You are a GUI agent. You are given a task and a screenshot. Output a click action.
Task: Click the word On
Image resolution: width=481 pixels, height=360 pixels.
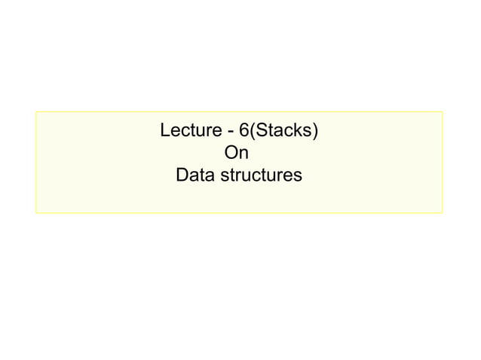tap(237, 154)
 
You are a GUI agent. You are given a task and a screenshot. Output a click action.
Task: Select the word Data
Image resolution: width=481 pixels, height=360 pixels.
tap(193, 176)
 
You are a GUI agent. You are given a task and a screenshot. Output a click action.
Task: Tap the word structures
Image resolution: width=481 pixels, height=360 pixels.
tap(260, 176)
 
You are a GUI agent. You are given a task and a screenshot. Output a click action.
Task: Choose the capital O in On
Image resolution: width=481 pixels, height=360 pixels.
tap(232, 154)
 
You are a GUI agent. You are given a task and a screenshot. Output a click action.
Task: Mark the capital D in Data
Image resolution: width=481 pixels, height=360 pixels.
tap(181, 176)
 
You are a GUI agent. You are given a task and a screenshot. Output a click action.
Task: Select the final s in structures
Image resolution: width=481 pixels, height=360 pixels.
tap(298, 178)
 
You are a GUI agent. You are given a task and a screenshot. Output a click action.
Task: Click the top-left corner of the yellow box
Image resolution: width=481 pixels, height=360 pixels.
tap(35, 112)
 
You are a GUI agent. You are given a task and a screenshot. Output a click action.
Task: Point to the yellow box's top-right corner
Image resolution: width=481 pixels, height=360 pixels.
tap(443, 112)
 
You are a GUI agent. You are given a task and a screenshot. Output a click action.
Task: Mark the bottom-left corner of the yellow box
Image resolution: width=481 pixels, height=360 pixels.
tap(35, 213)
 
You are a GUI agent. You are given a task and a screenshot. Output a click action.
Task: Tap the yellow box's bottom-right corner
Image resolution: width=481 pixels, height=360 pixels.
tap(443, 213)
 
